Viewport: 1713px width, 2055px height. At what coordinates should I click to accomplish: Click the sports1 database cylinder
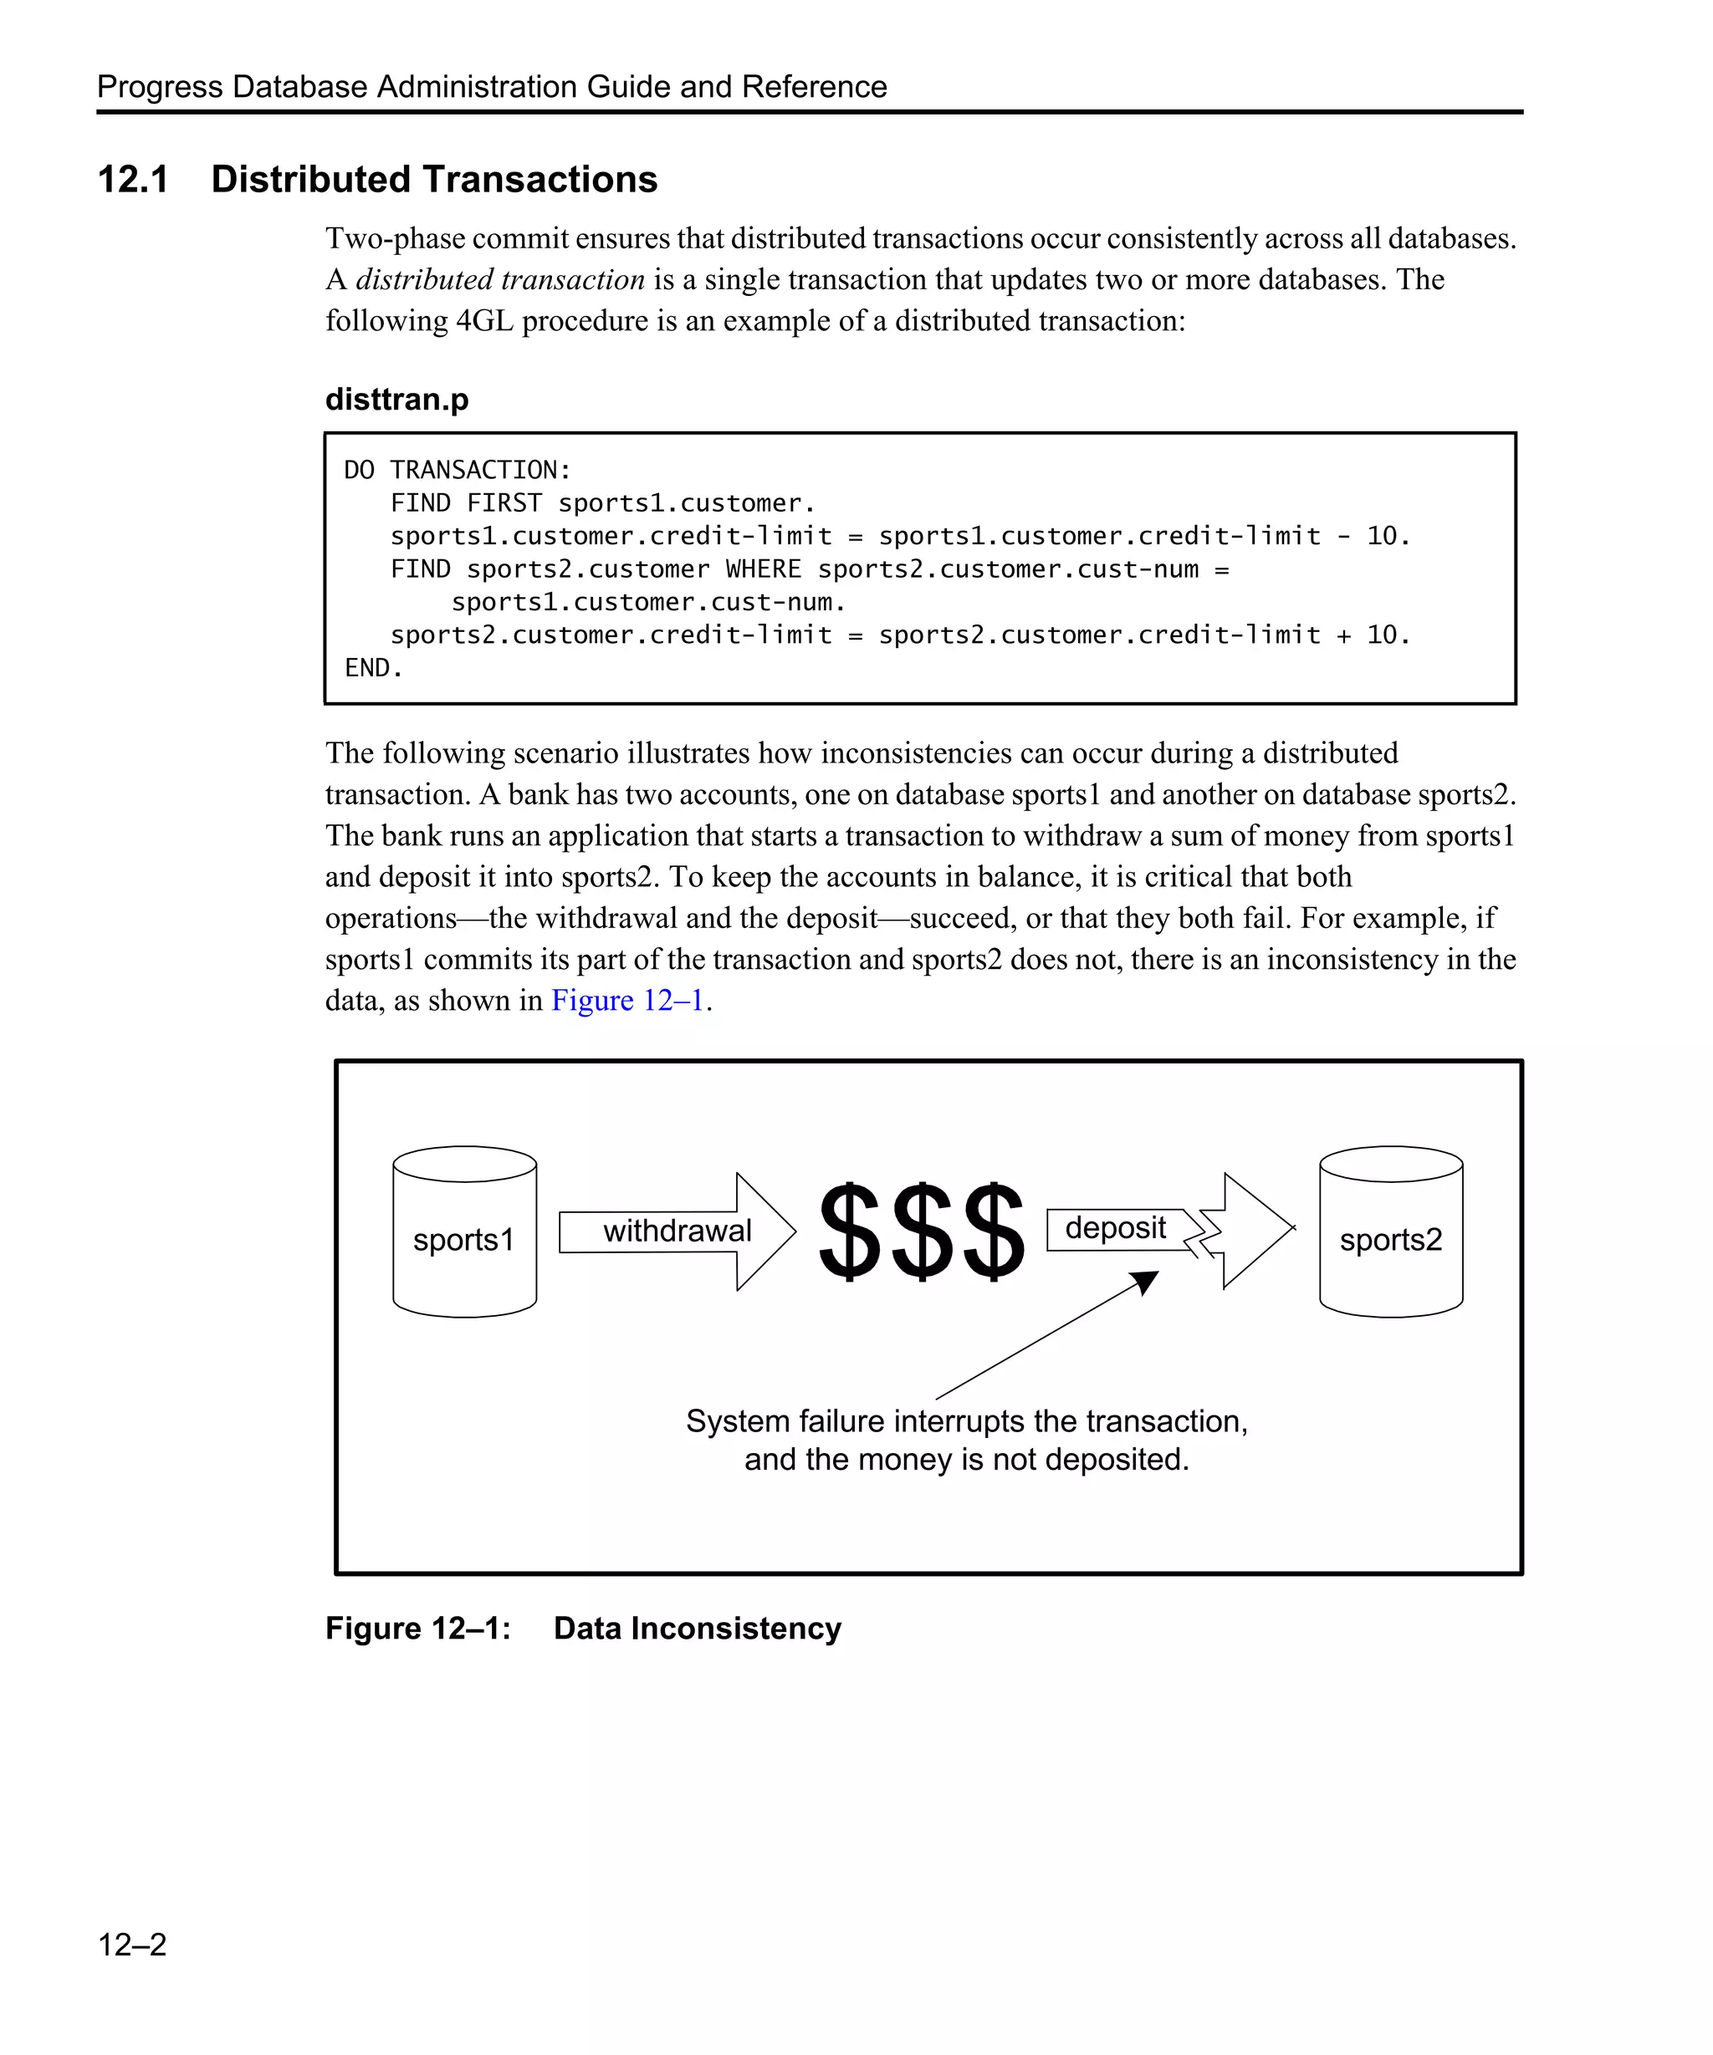pos(464,1232)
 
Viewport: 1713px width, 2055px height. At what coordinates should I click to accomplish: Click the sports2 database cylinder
pos(1390,1232)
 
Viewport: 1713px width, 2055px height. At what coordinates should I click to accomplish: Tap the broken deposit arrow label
pos(1115,1228)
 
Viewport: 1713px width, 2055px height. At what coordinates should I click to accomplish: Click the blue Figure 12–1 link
pos(627,1000)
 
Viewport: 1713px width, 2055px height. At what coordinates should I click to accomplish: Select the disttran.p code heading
pos(396,400)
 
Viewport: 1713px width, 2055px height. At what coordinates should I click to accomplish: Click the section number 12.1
pos(133,180)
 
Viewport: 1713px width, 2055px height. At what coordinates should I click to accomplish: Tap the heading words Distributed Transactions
pos(433,180)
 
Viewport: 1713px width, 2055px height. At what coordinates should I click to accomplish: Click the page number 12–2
pos(132,1944)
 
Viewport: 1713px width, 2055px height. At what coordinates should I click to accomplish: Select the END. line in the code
pos(373,668)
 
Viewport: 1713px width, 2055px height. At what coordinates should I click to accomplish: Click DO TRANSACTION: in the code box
pos(458,470)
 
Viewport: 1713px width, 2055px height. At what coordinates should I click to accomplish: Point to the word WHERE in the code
pos(763,569)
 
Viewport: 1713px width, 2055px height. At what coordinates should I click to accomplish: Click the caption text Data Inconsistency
pos(697,1629)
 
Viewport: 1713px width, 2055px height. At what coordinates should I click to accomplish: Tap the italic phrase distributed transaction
pos(499,280)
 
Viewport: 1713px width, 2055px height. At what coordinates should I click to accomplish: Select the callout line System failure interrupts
pos(966,1421)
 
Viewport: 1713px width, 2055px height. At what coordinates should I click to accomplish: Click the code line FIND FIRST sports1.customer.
pos(602,503)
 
